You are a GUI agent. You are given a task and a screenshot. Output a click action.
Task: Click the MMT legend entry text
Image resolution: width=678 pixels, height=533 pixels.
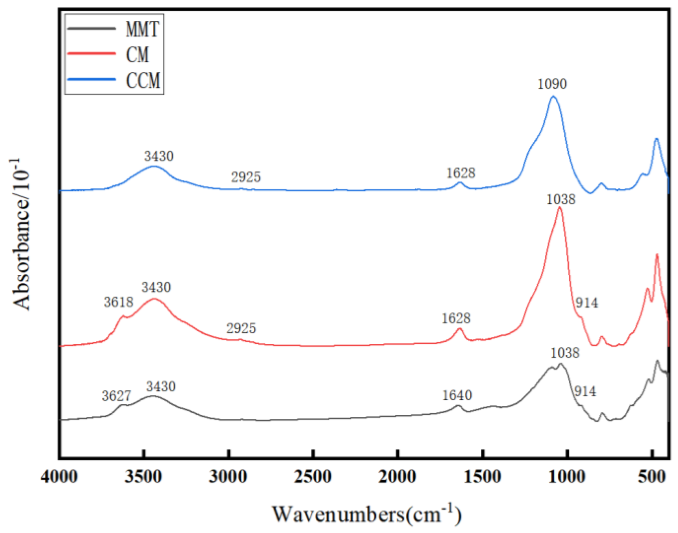[142, 29]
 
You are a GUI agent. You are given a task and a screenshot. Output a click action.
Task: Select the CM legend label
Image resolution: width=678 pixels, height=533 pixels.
[137, 55]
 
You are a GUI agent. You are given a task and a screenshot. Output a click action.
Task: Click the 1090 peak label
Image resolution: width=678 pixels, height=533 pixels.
[552, 84]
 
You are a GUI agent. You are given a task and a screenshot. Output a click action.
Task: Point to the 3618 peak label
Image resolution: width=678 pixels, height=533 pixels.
[118, 302]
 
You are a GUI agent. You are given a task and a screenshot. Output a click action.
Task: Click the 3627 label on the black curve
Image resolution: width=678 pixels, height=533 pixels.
[116, 396]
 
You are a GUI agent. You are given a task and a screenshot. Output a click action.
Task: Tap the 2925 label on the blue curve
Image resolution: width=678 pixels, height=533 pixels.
[246, 178]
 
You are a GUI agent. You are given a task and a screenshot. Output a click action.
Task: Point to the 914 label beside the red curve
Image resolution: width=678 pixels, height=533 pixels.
[587, 303]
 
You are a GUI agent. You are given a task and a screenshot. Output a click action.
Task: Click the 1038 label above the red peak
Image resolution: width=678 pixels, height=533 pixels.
[560, 200]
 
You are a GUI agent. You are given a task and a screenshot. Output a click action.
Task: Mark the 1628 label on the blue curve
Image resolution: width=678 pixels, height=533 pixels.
[460, 173]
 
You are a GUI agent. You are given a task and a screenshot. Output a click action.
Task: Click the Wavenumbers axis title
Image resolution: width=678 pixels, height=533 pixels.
[367, 514]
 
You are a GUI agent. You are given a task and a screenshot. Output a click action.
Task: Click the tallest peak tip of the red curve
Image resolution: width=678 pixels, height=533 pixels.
[560, 208]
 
